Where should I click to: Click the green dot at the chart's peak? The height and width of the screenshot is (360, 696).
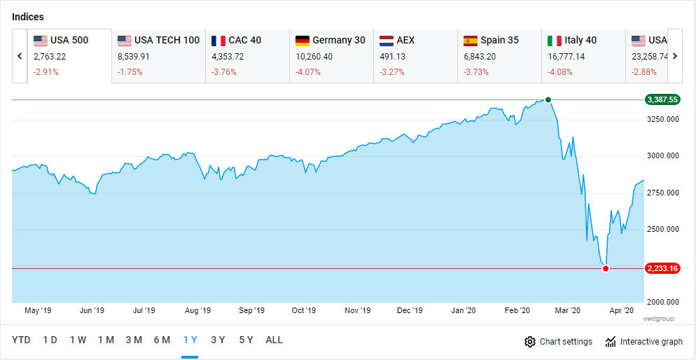click(x=548, y=99)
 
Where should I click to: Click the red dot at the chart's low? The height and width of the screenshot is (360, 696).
click(x=606, y=268)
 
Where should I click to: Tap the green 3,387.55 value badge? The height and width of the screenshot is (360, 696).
click(x=662, y=100)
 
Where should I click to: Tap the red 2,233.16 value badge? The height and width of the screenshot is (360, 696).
click(x=662, y=268)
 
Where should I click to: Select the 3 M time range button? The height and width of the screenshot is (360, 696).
click(x=134, y=340)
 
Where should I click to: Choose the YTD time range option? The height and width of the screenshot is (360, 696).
click(x=21, y=340)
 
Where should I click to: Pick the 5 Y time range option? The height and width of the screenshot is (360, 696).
click(x=246, y=340)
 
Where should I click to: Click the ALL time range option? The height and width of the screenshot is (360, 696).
click(x=274, y=340)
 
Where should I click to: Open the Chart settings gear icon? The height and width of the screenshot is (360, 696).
click(x=530, y=342)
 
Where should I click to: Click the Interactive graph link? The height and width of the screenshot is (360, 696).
click(x=643, y=342)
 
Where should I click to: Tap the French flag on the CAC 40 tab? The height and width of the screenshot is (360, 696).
click(x=218, y=41)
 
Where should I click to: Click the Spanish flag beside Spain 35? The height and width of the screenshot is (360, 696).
click(x=471, y=41)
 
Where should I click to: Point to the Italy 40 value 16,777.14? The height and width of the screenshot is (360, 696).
click(x=569, y=56)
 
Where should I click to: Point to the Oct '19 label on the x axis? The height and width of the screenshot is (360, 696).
click(x=304, y=310)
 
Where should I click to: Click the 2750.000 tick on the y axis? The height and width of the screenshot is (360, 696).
click(x=662, y=193)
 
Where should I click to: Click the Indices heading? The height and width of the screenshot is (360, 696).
click(x=28, y=16)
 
